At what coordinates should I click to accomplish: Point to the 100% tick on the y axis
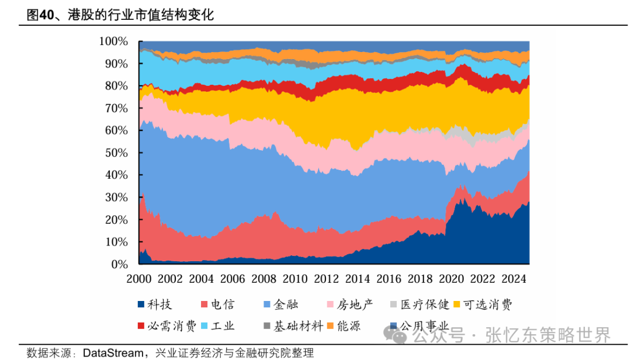tap(113, 41)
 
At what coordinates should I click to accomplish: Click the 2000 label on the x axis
tap(139, 279)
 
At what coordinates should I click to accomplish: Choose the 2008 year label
tap(263, 279)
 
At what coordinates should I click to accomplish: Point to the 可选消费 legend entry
tap(488, 304)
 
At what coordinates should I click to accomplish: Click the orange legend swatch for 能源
tap(330, 326)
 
